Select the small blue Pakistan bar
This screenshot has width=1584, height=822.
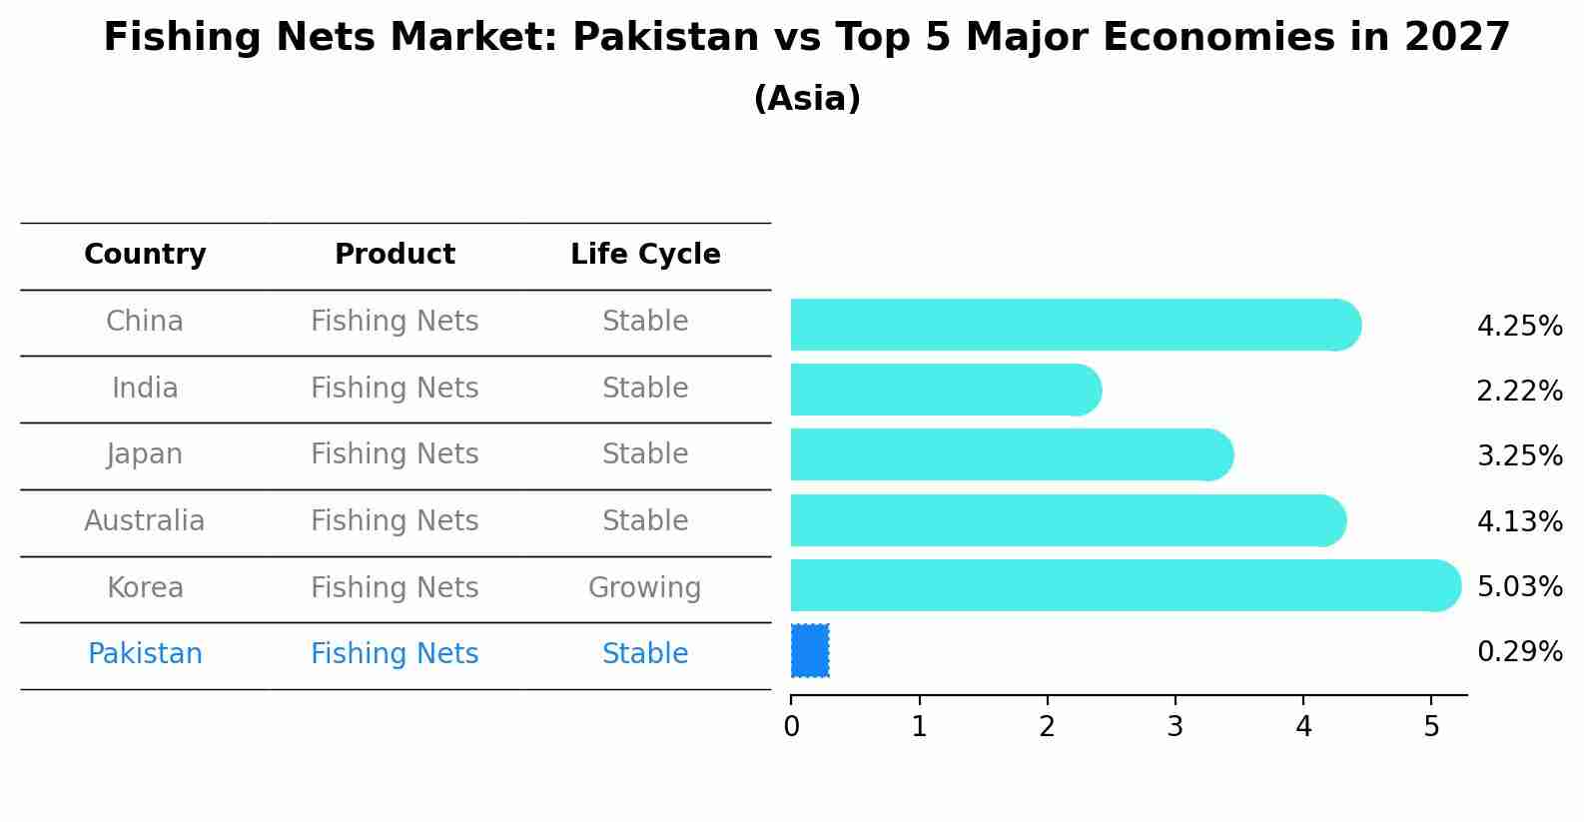coord(810,651)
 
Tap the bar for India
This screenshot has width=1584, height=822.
coord(944,390)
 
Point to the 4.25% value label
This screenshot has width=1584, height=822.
coord(1519,327)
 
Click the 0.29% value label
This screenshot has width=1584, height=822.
coord(1519,652)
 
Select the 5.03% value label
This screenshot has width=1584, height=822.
coord(1519,586)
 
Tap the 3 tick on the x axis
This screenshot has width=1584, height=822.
coord(1176,726)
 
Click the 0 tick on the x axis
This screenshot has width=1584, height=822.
coord(792,726)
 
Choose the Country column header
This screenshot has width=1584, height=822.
coord(145,255)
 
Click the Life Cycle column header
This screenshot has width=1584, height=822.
coord(645,255)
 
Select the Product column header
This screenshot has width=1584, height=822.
coord(395,255)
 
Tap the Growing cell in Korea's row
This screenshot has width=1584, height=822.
coord(645,588)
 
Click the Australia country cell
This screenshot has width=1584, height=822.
coord(145,521)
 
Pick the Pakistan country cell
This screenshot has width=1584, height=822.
coord(145,654)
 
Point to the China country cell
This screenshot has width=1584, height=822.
coord(145,322)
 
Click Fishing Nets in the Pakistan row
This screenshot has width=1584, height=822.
coord(395,654)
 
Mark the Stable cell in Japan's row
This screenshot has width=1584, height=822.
coord(645,454)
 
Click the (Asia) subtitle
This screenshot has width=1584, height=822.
coord(807,99)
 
